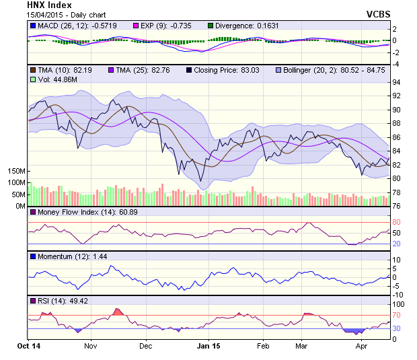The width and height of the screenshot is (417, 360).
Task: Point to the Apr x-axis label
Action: (x=362, y=345)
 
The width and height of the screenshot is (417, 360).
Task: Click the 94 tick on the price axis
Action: (x=397, y=82)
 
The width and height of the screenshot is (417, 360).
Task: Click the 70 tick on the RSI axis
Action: (x=397, y=315)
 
